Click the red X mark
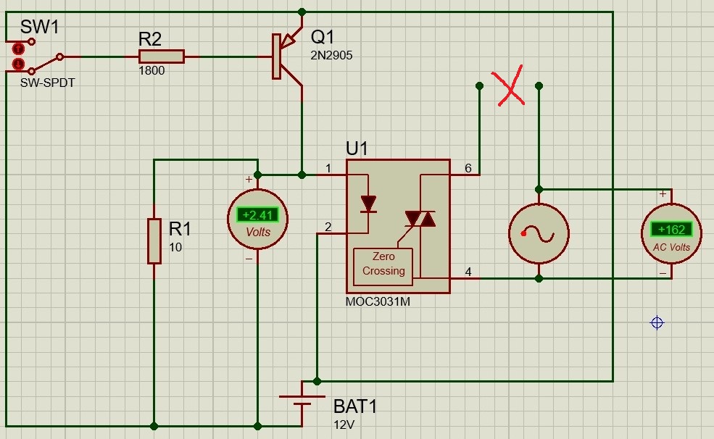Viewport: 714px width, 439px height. (510, 88)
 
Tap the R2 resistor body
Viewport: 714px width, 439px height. (162, 57)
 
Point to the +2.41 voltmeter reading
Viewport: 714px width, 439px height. (258, 214)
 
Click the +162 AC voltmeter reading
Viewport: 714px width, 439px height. (671, 230)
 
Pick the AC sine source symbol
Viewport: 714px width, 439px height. (539, 234)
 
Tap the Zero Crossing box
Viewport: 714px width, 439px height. (383, 264)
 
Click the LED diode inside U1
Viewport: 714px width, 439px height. (368, 204)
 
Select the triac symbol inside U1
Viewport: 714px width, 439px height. (420, 218)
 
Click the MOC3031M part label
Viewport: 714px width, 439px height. (378, 302)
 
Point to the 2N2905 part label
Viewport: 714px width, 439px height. (331, 55)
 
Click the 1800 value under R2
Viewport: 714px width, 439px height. (151, 71)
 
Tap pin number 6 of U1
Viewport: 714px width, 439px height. (468, 168)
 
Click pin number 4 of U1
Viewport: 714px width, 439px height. (468, 272)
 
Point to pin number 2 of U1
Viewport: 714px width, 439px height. (328, 227)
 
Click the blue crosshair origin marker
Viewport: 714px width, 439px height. (657, 322)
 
